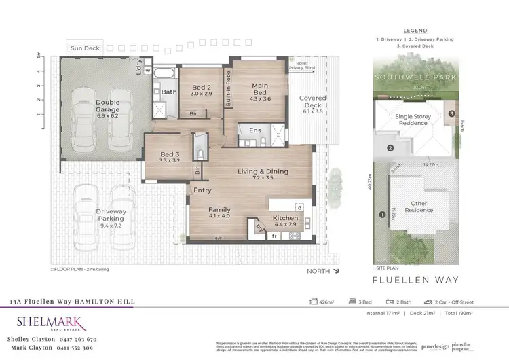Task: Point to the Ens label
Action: click(x=255, y=130)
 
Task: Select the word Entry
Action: click(x=203, y=190)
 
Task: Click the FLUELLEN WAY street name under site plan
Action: click(x=416, y=280)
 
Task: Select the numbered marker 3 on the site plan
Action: click(x=451, y=113)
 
